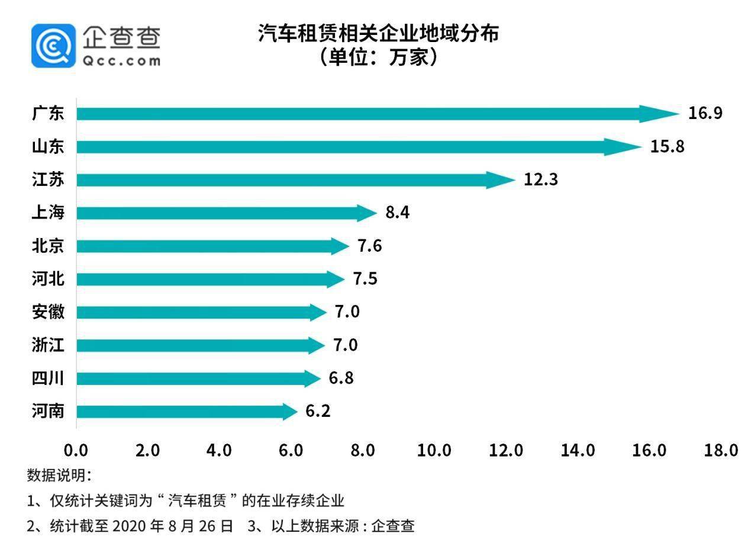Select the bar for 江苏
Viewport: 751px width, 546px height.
pos(284,179)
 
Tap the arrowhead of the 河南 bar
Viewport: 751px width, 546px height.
pos(289,412)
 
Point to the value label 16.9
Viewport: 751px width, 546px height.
pos(705,114)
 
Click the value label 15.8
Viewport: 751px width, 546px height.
pos(667,146)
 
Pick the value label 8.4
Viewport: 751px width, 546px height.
pos(397,213)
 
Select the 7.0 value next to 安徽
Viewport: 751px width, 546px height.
pos(347,312)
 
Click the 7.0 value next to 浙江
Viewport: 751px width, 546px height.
pos(345,345)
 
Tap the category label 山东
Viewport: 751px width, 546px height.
pos(47,146)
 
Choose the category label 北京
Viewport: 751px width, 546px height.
pos(47,246)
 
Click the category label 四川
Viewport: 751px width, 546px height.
pos(47,378)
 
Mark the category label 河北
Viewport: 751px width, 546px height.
pos(47,279)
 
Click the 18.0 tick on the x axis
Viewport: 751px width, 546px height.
pos(721,451)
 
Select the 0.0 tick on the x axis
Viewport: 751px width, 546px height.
pos(76,451)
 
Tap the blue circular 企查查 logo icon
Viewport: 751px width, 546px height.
pos(53,46)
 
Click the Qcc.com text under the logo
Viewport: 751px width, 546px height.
pos(122,61)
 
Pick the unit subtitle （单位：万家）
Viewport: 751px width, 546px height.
pos(378,57)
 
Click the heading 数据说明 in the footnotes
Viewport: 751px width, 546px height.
pos(59,476)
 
